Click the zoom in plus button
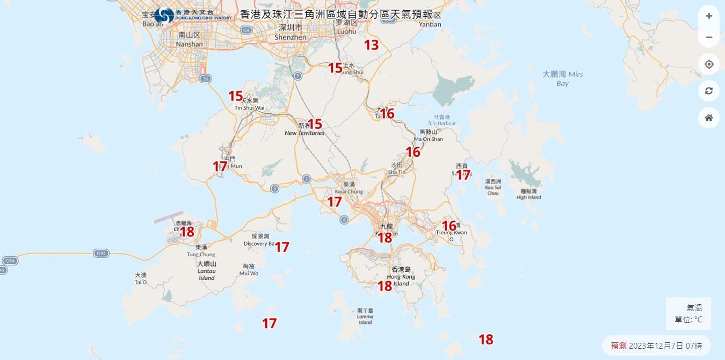[709, 16]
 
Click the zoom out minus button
[709, 37]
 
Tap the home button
[709, 118]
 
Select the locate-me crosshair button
[709, 64]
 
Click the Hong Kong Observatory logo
[164, 16]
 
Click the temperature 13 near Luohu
[372, 45]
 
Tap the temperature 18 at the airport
[187, 232]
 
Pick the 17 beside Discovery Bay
[282, 247]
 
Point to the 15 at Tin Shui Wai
[236, 96]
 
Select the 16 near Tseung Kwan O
[449, 226]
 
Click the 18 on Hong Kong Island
[385, 286]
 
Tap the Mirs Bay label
[562, 78]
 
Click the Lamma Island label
[365, 316]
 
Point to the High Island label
[529, 195]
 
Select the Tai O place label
[141, 278]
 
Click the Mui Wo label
[249, 270]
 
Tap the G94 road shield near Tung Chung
[100, 253]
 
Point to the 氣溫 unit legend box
[688, 313]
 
